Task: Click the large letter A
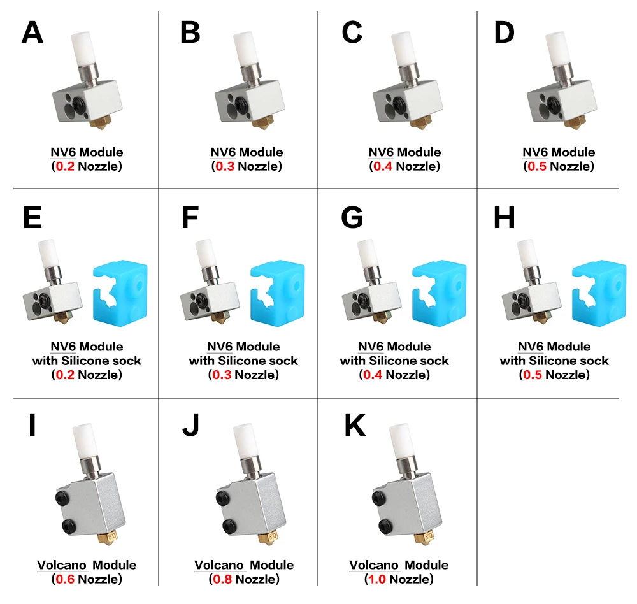(x=32, y=32)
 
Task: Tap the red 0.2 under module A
(x=65, y=166)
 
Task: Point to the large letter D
(x=504, y=32)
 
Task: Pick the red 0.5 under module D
(x=537, y=166)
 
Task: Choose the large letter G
(x=352, y=217)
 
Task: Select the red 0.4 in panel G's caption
(x=373, y=375)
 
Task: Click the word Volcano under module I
(x=62, y=565)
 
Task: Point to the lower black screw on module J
(x=229, y=526)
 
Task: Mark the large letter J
(x=190, y=425)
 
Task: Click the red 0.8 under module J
(x=222, y=579)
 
